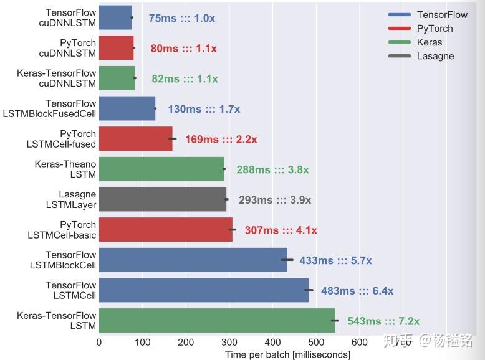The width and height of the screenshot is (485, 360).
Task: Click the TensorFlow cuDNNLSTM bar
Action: tap(115, 17)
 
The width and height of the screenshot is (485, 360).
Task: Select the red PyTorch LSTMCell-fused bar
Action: tap(135, 138)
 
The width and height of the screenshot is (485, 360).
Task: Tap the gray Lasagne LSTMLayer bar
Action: tap(162, 199)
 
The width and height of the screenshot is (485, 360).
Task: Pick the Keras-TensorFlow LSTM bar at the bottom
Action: tap(217, 321)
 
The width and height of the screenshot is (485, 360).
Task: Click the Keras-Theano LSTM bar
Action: tap(161, 169)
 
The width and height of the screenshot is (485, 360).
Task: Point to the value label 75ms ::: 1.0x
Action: tap(181, 18)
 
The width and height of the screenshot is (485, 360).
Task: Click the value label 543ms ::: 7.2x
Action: tap(383, 321)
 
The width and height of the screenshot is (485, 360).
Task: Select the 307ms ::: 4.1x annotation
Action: tap(281, 230)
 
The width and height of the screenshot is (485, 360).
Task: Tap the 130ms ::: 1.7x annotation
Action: tap(204, 109)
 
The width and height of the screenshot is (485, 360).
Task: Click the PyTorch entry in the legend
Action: tap(435, 29)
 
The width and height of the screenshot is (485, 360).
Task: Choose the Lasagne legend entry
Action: tap(435, 56)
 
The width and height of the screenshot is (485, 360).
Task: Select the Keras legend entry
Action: tap(430, 42)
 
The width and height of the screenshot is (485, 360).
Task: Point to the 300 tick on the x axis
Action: tap(229, 341)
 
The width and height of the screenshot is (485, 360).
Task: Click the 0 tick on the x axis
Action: tap(99, 341)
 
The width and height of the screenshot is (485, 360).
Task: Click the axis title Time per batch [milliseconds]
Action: tap(287, 354)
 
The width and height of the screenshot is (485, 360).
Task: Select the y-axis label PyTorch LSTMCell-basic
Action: tap(62, 230)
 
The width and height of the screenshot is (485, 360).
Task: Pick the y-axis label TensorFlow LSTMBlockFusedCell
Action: tap(61, 108)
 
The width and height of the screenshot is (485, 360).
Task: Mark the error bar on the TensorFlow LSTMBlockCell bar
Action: tap(287, 260)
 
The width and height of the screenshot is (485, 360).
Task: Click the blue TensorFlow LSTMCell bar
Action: tap(204, 290)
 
